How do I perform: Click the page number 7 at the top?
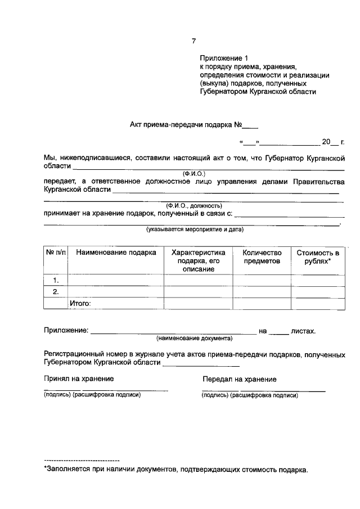(x=193, y=41)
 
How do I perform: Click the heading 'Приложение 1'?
(x=223, y=58)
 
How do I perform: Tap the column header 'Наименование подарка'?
(x=116, y=253)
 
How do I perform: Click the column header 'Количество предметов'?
(x=261, y=257)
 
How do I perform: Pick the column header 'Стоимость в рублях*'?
(x=318, y=257)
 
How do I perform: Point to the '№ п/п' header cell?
(x=56, y=253)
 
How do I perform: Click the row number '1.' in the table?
(x=56, y=280)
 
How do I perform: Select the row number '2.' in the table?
(x=56, y=292)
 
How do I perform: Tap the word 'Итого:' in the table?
(x=80, y=304)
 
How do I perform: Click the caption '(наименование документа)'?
(x=194, y=339)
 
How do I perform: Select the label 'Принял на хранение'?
(x=79, y=379)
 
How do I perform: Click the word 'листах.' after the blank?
(x=303, y=331)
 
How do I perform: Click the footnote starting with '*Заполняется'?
(x=176, y=469)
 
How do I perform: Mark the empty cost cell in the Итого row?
(x=318, y=304)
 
